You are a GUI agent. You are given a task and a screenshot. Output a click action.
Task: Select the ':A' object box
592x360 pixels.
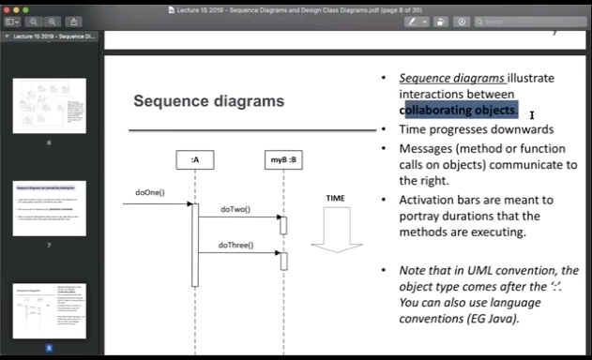point(194,160)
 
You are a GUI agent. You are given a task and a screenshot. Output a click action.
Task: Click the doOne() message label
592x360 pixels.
point(149,192)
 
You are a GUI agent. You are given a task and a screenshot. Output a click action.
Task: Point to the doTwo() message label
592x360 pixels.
point(235,208)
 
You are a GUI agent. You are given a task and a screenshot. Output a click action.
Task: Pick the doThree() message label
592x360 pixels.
point(235,245)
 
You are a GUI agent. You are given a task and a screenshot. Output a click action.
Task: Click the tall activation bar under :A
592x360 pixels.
point(195,244)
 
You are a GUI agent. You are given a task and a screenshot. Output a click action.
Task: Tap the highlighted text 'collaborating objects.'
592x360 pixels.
point(459,110)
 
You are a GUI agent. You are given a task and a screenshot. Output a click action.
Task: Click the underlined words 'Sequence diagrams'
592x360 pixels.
point(452,78)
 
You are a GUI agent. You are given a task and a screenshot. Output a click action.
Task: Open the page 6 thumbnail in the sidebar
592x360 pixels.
point(50,105)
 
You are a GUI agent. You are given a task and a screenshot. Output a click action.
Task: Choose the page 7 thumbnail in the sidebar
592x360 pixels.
point(50,208)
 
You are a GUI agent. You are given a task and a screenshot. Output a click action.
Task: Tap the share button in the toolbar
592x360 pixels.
point(74,22)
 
